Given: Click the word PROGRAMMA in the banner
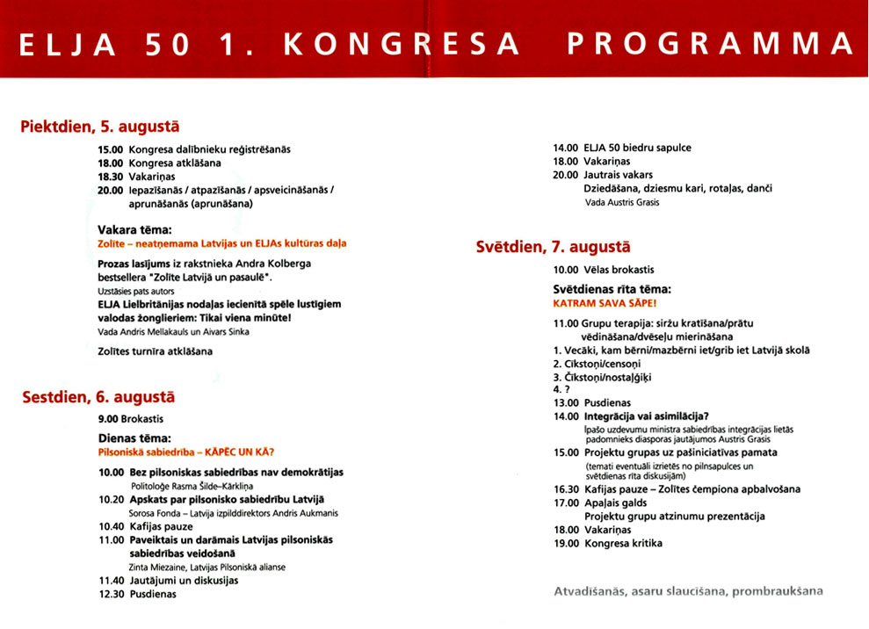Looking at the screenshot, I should click(x=711, y=44).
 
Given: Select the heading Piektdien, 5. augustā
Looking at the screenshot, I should click(x=99, y=127).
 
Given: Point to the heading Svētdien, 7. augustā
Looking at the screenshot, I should click(x=553, y=247).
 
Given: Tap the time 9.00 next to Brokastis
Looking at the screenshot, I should click(x=108, y=420).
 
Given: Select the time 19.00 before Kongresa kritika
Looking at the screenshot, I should click(x=566, y=543).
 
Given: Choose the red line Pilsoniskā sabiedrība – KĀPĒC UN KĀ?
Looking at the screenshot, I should click(x=186, y=452).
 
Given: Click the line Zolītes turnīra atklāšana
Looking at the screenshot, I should click(x=155, y=351).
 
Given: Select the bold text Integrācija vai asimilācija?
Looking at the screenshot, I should click(x=646, y=416).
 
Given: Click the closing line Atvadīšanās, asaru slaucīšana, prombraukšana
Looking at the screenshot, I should click(x=688, y=591).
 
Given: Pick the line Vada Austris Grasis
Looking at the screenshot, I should click(x=621, y=202).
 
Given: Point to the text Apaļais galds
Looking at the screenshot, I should click(x=615, y=503).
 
